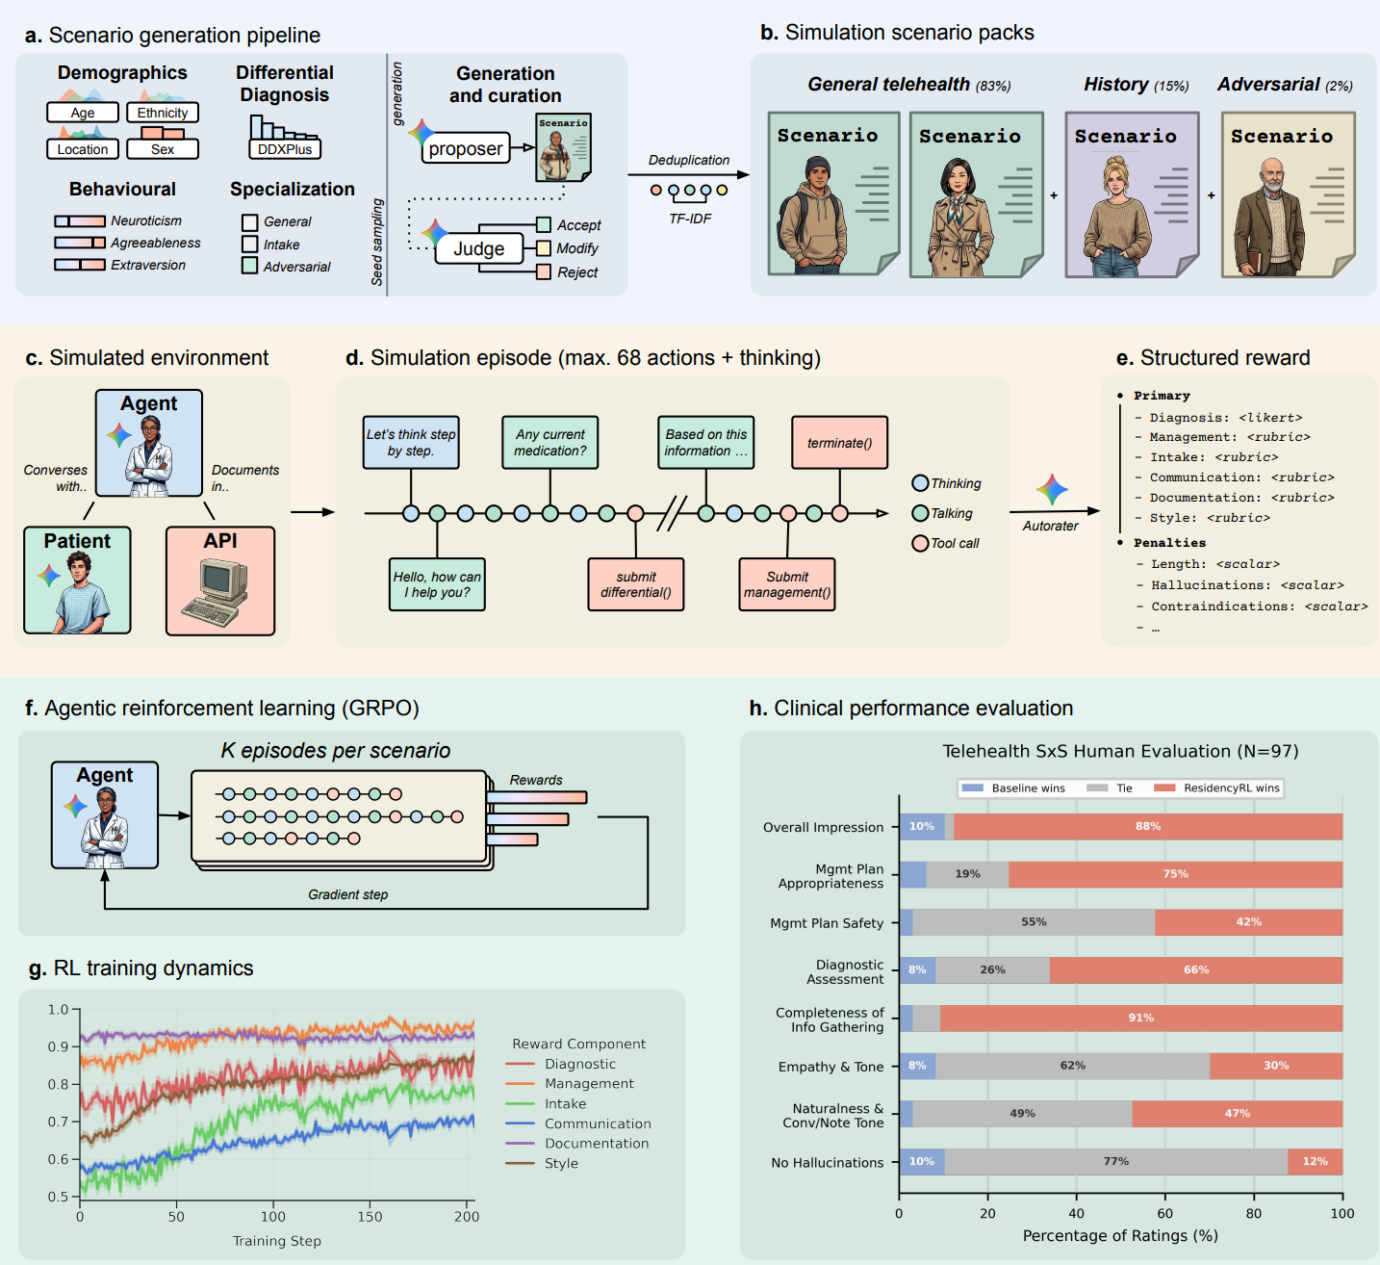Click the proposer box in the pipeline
click(466, 148)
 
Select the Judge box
click(479, 248)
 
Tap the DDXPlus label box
click(285, 149)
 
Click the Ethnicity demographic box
click(163, 113)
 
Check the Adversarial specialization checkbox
click(249, 266)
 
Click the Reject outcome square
click(544, 271)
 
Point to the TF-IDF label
click(690, 219)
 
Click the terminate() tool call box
click(839, 443)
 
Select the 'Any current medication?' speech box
click(549, 443)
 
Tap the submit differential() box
click(636, 584)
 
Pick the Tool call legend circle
click(920, 543)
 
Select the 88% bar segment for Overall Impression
click(1148, 826)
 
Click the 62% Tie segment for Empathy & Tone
click(1072, 1066)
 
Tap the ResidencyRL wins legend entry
click(1217, 788)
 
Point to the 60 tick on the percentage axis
click(1164, 1213)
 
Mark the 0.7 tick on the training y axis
click(58, 1122)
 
